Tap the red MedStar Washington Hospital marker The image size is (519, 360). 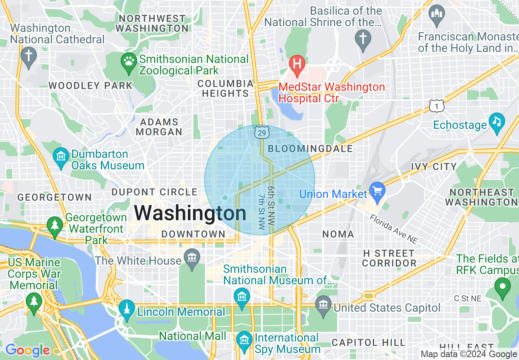point(297,64)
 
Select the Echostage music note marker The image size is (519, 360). point(497,122)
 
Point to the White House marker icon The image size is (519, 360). point(192,258)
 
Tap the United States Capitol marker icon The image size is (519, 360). point(323,305)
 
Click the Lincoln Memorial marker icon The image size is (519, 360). point(127,309)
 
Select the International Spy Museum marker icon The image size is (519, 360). point(244,340)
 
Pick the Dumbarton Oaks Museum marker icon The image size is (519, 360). point(61,157)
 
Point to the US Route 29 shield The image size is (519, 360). point(262,132)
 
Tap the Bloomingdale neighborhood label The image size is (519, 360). point(310,148)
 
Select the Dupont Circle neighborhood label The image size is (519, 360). point(155,192)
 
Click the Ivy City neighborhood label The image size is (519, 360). point(434,166)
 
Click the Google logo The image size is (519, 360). point(27,350)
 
